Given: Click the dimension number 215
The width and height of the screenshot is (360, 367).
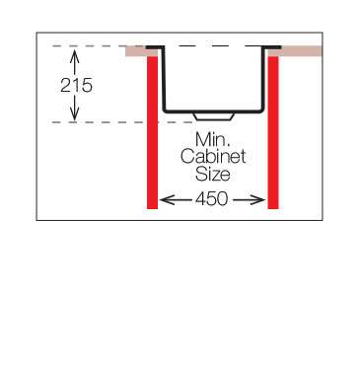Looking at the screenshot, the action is point(76,86).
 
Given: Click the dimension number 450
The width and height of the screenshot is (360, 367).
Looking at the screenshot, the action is point(211,199).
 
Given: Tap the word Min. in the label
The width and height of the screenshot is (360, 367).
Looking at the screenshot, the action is point(212,139).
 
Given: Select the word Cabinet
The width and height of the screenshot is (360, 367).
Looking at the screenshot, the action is point(213,156).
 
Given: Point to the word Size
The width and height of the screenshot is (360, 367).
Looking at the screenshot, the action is point(212,174).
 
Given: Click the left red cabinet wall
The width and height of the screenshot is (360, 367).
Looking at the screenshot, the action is point(152,132).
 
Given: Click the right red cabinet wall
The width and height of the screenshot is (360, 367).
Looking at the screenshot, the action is point(273,132).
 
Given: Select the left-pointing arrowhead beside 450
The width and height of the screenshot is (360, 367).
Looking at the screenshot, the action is point(168,199).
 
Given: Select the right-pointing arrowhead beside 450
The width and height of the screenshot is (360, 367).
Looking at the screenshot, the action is point(257,199).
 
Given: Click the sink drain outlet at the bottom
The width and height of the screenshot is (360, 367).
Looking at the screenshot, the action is point(214,117).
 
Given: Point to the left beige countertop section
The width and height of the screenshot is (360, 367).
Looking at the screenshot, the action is point(136,51).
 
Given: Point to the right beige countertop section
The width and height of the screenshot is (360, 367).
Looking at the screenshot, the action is point(295,51).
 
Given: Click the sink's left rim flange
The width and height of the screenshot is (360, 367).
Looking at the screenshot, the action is point(155,47).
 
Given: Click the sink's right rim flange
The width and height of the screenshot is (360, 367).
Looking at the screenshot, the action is point(271,47).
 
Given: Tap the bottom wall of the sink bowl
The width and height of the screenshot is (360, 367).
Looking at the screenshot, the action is point(214,111).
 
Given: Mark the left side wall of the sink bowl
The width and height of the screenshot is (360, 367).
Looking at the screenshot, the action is point(164,79).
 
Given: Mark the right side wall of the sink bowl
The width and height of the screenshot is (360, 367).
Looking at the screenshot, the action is point(263,79).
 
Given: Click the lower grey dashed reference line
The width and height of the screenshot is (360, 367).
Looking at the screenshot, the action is point(122,122).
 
